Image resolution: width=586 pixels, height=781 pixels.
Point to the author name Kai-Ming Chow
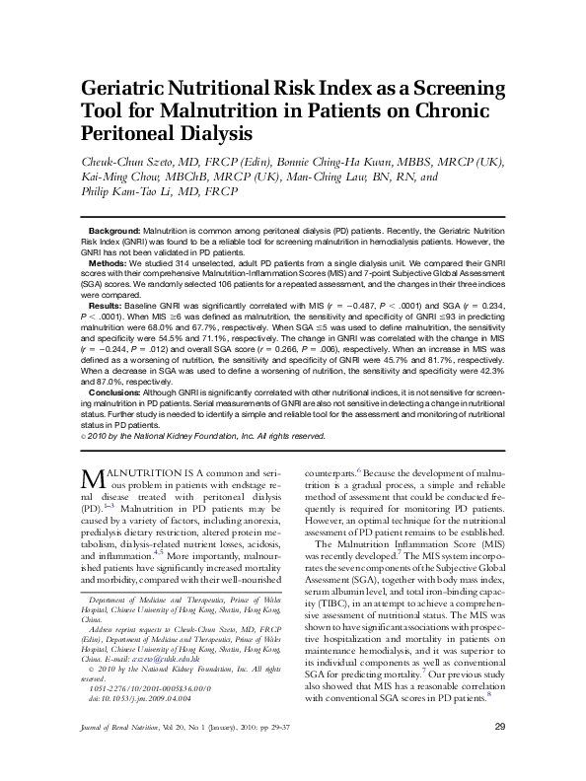[x=116, y=177]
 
